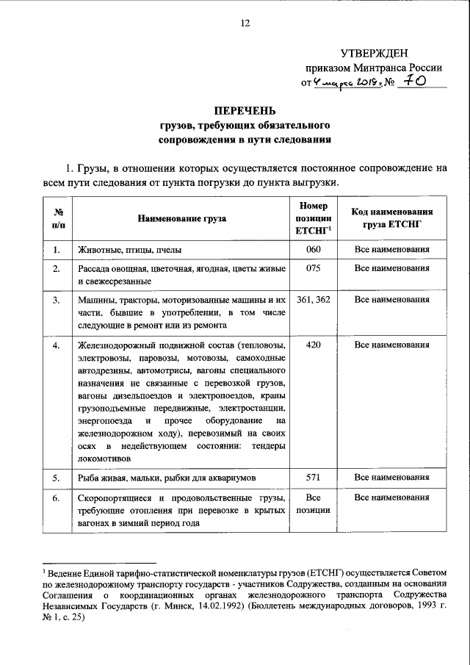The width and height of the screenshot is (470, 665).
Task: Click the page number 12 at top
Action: tap(245, 23)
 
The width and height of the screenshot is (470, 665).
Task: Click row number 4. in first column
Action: tap(57, 344)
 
